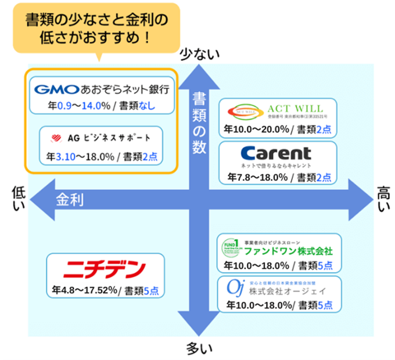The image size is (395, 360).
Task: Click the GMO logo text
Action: tap(56, 89)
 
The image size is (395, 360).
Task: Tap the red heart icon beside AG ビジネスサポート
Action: tap(56, 138)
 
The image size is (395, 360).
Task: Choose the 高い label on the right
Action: tap(384, 200)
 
